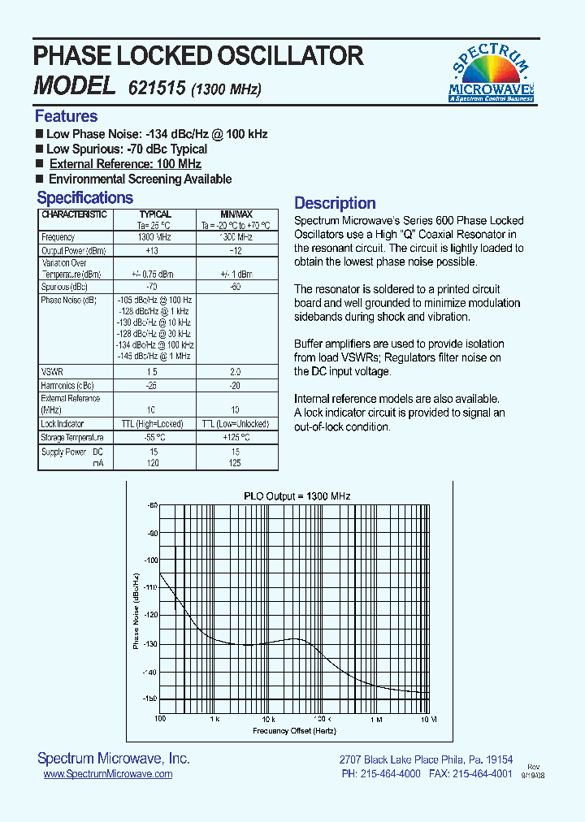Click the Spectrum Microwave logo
[491, 72]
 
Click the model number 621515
[157, 88]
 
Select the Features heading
[66, 116]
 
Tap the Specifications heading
[84, 197]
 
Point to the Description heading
[335, 203]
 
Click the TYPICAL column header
[155, 214]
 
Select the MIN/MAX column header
[236, 214]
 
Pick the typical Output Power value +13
[152, 250]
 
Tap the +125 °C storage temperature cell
[236, 438]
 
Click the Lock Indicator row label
[63, 424]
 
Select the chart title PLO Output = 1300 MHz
[297, 495]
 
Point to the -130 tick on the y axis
[150, 644]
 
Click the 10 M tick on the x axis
[428, 720]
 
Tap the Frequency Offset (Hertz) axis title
[293, 730]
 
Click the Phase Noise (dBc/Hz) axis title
[136, 609]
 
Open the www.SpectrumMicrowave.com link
[107, 774]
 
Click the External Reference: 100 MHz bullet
[125, 164]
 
